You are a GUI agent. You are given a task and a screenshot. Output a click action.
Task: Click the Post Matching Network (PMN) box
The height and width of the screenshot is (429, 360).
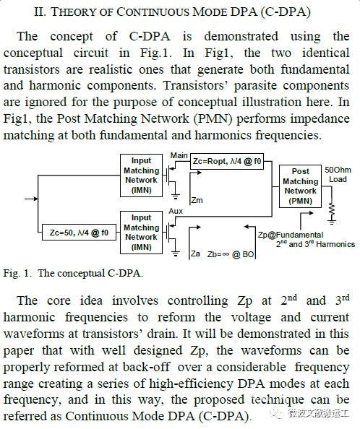point(300,186)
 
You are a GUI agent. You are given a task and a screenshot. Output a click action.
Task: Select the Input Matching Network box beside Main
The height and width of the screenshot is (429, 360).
point(141,175)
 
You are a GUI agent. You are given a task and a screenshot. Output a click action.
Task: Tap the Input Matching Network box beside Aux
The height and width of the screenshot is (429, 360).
point(141,233)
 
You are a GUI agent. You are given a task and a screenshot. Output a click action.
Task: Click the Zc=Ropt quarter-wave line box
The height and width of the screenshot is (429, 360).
point(227,161)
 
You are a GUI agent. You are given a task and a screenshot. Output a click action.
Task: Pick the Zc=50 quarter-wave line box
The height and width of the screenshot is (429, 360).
point(79,233)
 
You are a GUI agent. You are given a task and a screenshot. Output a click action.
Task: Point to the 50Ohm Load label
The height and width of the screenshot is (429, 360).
point(338,175)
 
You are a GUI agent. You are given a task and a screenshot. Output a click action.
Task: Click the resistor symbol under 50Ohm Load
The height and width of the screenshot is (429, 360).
point(332,209)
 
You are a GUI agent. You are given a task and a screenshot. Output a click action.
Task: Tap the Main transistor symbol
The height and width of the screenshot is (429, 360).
point(171,176)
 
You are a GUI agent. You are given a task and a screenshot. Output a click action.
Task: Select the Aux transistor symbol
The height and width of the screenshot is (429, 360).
point(171,233)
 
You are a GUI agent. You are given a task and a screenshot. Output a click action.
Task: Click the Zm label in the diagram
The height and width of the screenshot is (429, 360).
point(197,200)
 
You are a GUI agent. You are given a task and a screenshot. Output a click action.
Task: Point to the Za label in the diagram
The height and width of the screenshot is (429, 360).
point(195,253)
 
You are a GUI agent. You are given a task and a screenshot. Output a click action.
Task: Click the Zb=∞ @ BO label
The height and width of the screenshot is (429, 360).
point(231,254)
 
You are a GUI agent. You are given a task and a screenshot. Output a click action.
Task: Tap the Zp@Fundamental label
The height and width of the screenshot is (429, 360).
point(291,235)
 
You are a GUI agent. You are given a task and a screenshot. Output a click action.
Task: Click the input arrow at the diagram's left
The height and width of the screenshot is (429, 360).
point(31,199)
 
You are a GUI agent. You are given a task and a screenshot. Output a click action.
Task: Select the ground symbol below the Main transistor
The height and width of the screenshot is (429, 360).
point(176,195)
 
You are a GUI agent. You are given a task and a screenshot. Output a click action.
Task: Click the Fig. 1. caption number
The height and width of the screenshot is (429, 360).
point(16,273)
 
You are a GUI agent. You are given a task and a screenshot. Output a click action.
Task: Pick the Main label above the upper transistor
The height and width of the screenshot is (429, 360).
point(179,155)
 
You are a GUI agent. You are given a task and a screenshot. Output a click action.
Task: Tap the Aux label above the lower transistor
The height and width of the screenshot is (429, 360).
point(176,211)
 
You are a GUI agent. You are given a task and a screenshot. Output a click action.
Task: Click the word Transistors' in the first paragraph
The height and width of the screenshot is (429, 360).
point(195,85)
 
